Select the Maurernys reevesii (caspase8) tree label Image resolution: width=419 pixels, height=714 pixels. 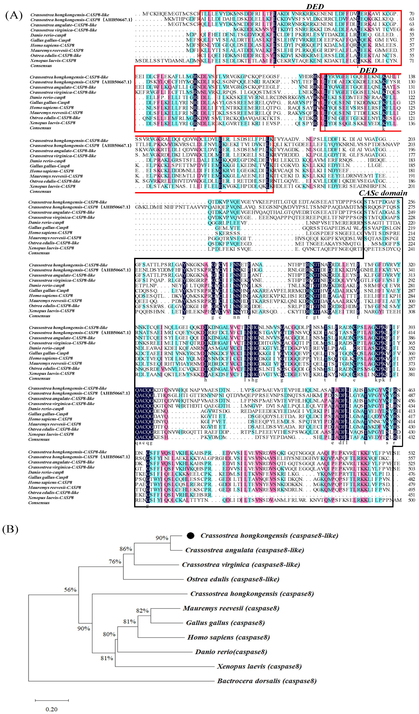(231, 608)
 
